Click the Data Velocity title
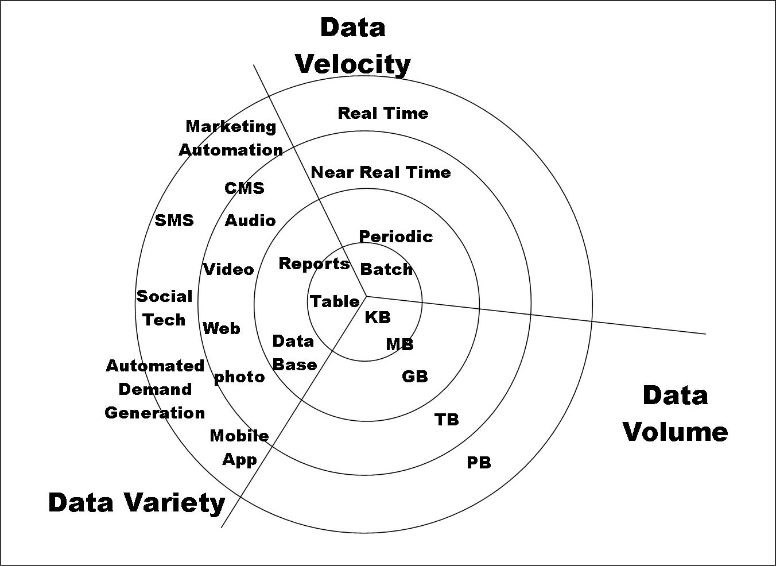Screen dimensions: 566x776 352,46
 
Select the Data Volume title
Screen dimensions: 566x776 675,414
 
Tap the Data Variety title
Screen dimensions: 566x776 137,502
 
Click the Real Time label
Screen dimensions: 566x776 383,113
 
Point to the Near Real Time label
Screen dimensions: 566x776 381,172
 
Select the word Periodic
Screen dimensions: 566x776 395,237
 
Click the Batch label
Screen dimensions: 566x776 386,269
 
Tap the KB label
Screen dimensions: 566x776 378,317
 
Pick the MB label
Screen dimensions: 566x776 399,344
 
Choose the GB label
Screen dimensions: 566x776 414,377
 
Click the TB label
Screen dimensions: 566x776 447,420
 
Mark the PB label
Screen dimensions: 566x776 479,462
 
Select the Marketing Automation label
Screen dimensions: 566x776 231,138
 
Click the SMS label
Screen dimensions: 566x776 174,220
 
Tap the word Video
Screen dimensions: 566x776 228,269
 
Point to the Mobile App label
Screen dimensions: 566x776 239,448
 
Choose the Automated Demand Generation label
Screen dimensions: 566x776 155,389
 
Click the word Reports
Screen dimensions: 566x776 314,263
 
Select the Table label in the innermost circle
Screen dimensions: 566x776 335,301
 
